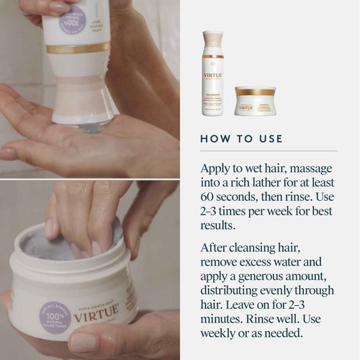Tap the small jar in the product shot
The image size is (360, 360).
coord(254,100)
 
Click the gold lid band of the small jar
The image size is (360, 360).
coord(255,91)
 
